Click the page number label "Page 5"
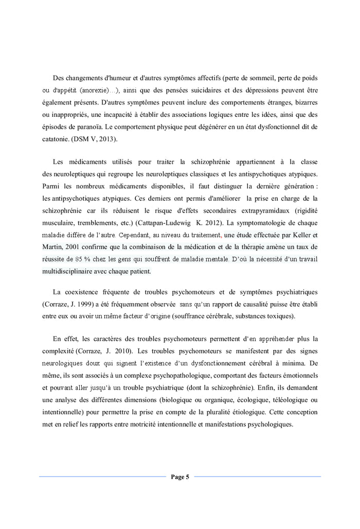pyautogui.click(x=180, y=477)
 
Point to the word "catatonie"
pyautogui.click(x=55, y=139)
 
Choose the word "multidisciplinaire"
pyautogui.click(x=68, y=271)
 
